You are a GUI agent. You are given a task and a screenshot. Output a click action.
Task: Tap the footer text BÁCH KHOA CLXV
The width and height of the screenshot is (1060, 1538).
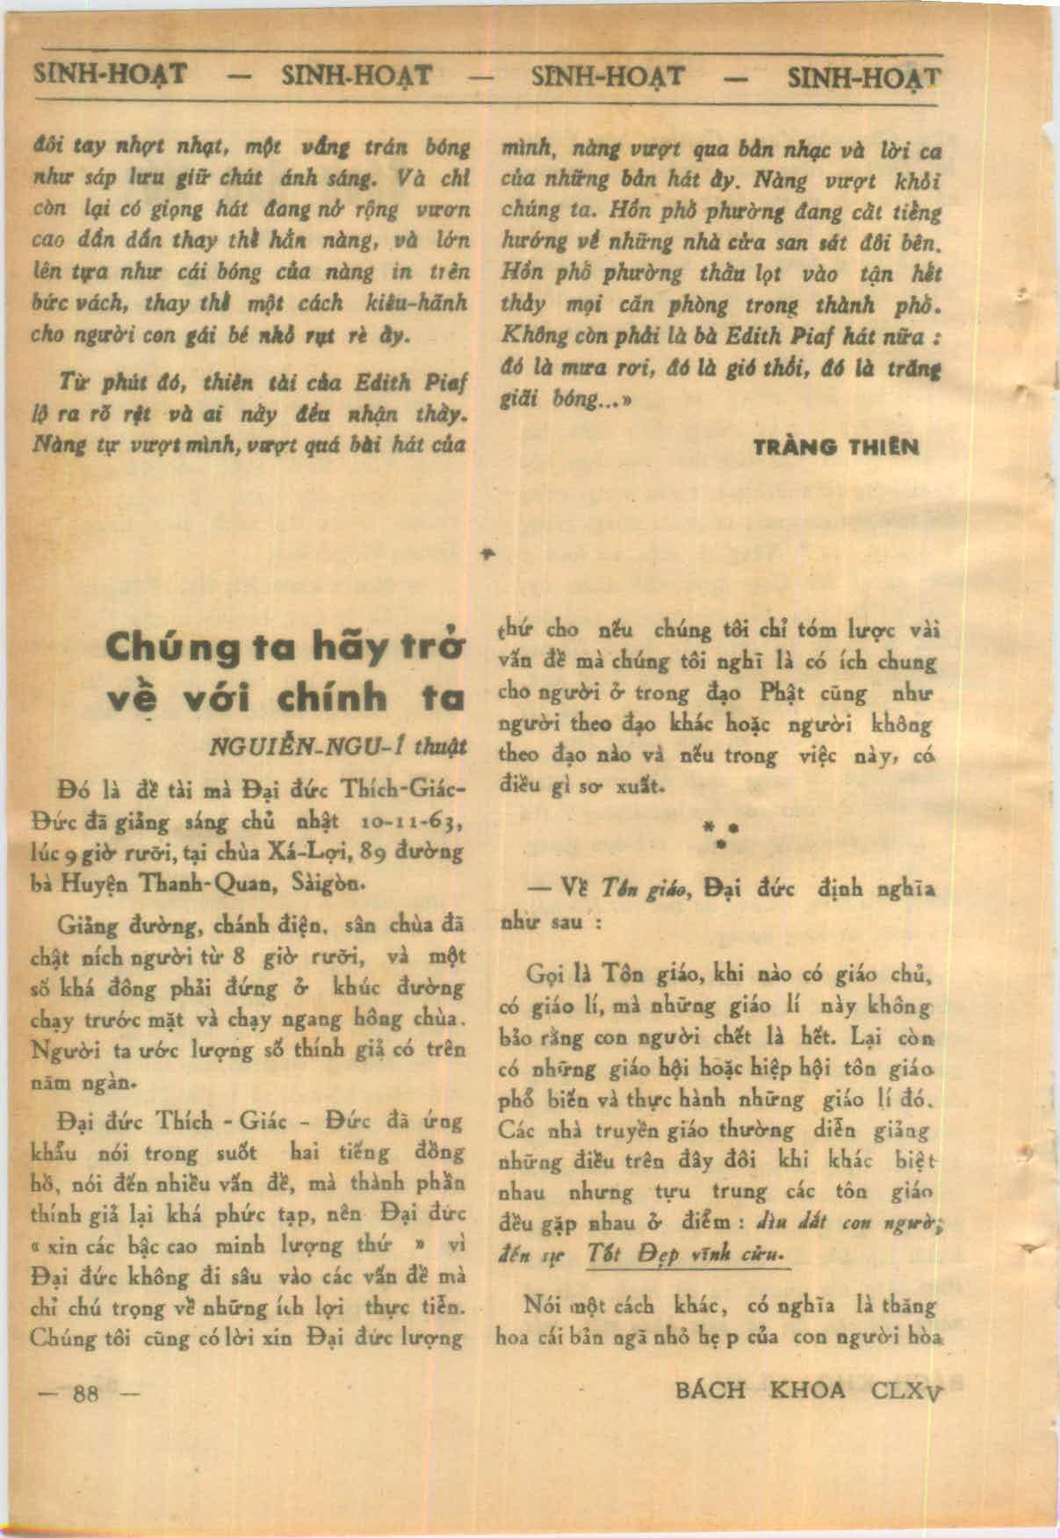(x=807, y=1390)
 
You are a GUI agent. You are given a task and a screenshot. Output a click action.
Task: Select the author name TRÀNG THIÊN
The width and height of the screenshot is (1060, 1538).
(x=836, y=447)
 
